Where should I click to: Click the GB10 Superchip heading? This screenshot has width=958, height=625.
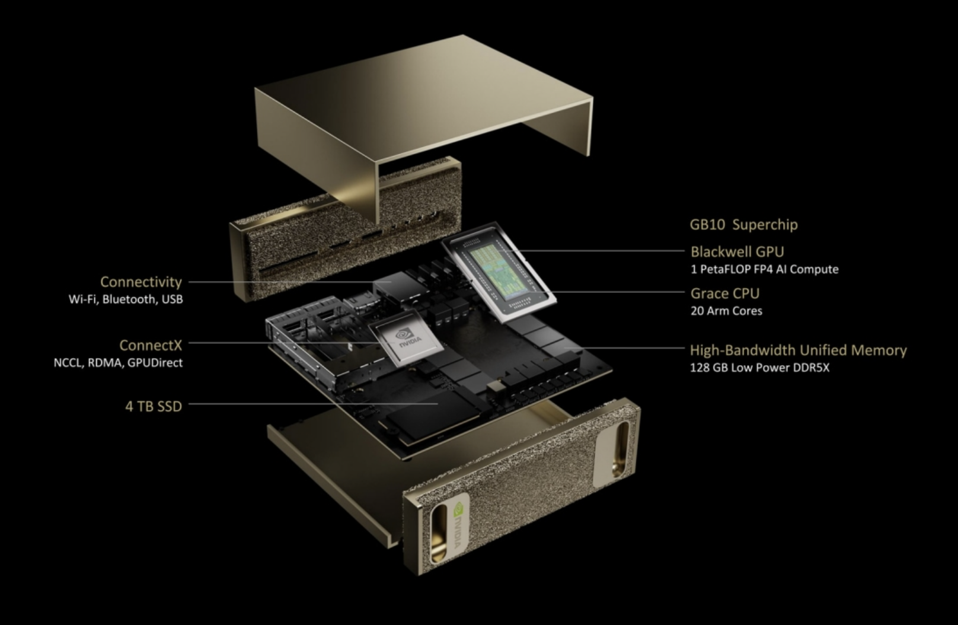(x=743, y=225)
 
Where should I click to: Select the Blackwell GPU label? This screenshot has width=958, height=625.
(x=737, y=251)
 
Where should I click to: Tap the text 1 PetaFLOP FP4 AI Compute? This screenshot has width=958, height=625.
(x=764, y=269)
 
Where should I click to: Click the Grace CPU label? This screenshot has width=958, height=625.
(x=724, y=293)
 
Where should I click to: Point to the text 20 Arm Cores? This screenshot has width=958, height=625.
(x=726, y=311)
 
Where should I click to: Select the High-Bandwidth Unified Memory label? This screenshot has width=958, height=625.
(x=798, y=350)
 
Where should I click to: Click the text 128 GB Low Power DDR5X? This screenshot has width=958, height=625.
(x=759, y=368)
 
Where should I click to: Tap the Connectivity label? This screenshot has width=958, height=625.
(x=140, y=282)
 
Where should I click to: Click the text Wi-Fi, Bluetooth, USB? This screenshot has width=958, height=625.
(x=126, y=299)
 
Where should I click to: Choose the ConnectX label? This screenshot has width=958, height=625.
(x=151, y=345)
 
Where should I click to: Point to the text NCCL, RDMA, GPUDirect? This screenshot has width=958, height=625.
(x=118, y=362)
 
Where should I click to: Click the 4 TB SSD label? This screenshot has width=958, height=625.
(x=154, y=406)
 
